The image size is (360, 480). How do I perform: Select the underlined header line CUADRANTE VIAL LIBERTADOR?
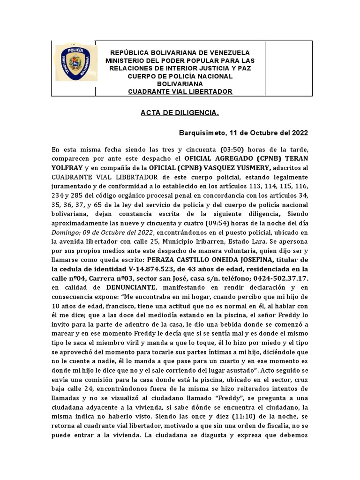(x=180, y=91)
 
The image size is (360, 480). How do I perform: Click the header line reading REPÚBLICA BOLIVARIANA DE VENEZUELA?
(x=180, y=52)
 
